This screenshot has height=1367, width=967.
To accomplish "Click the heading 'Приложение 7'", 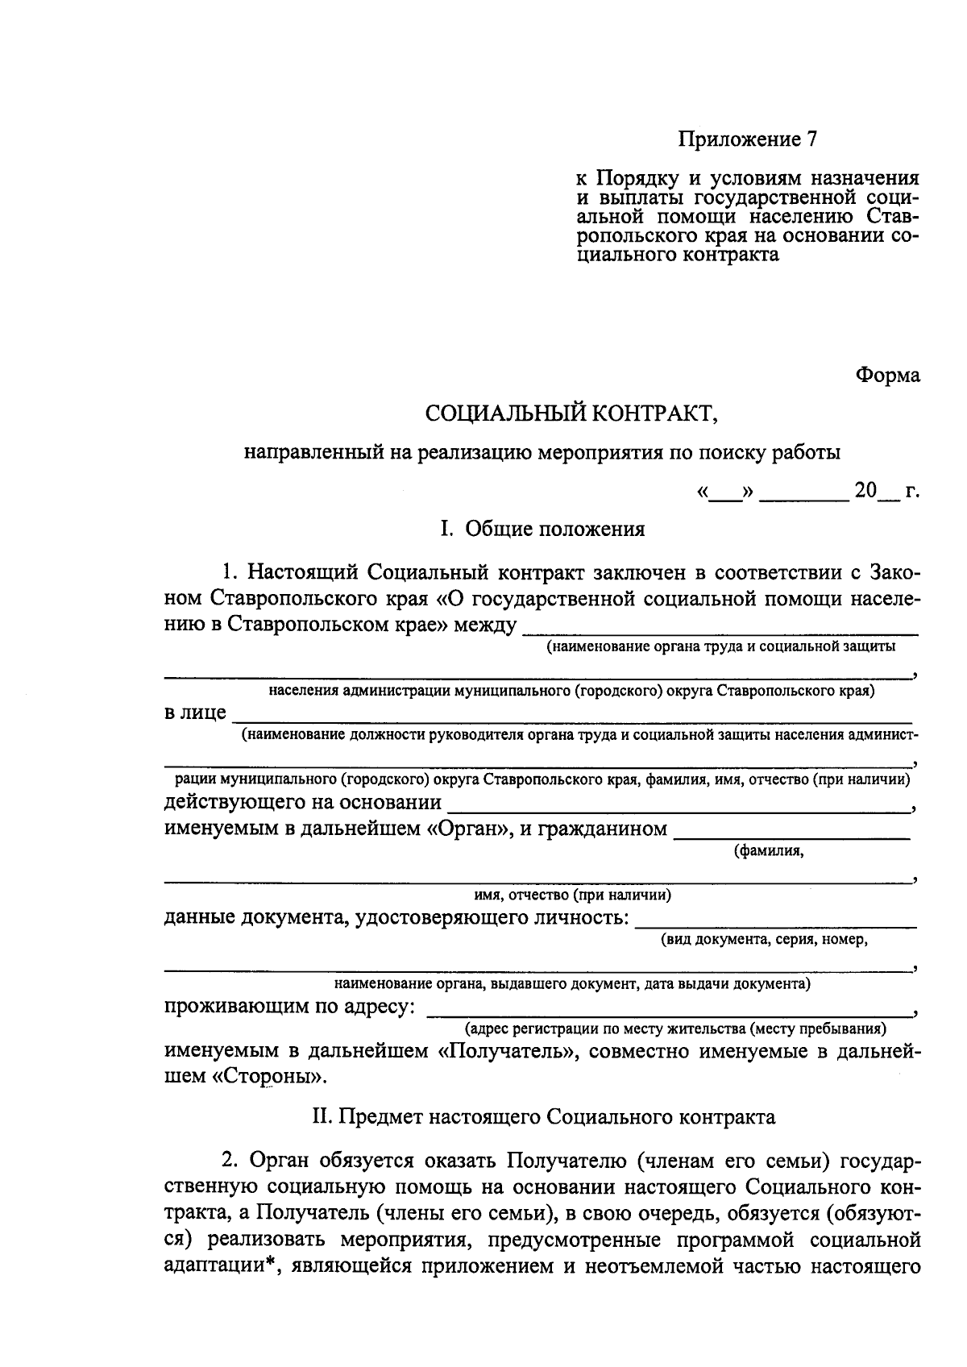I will pos(746,139).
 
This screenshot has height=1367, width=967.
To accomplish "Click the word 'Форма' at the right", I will pos(886,376).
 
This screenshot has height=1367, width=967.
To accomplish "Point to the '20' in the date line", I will pos(865,490).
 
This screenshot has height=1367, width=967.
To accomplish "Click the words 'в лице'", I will pos(194,713).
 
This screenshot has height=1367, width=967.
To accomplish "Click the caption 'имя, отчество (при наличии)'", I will pos(572,895).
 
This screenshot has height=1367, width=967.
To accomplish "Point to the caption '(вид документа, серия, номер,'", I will pos(764,940).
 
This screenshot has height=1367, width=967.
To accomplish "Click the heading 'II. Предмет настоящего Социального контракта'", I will pos(543,1117).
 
